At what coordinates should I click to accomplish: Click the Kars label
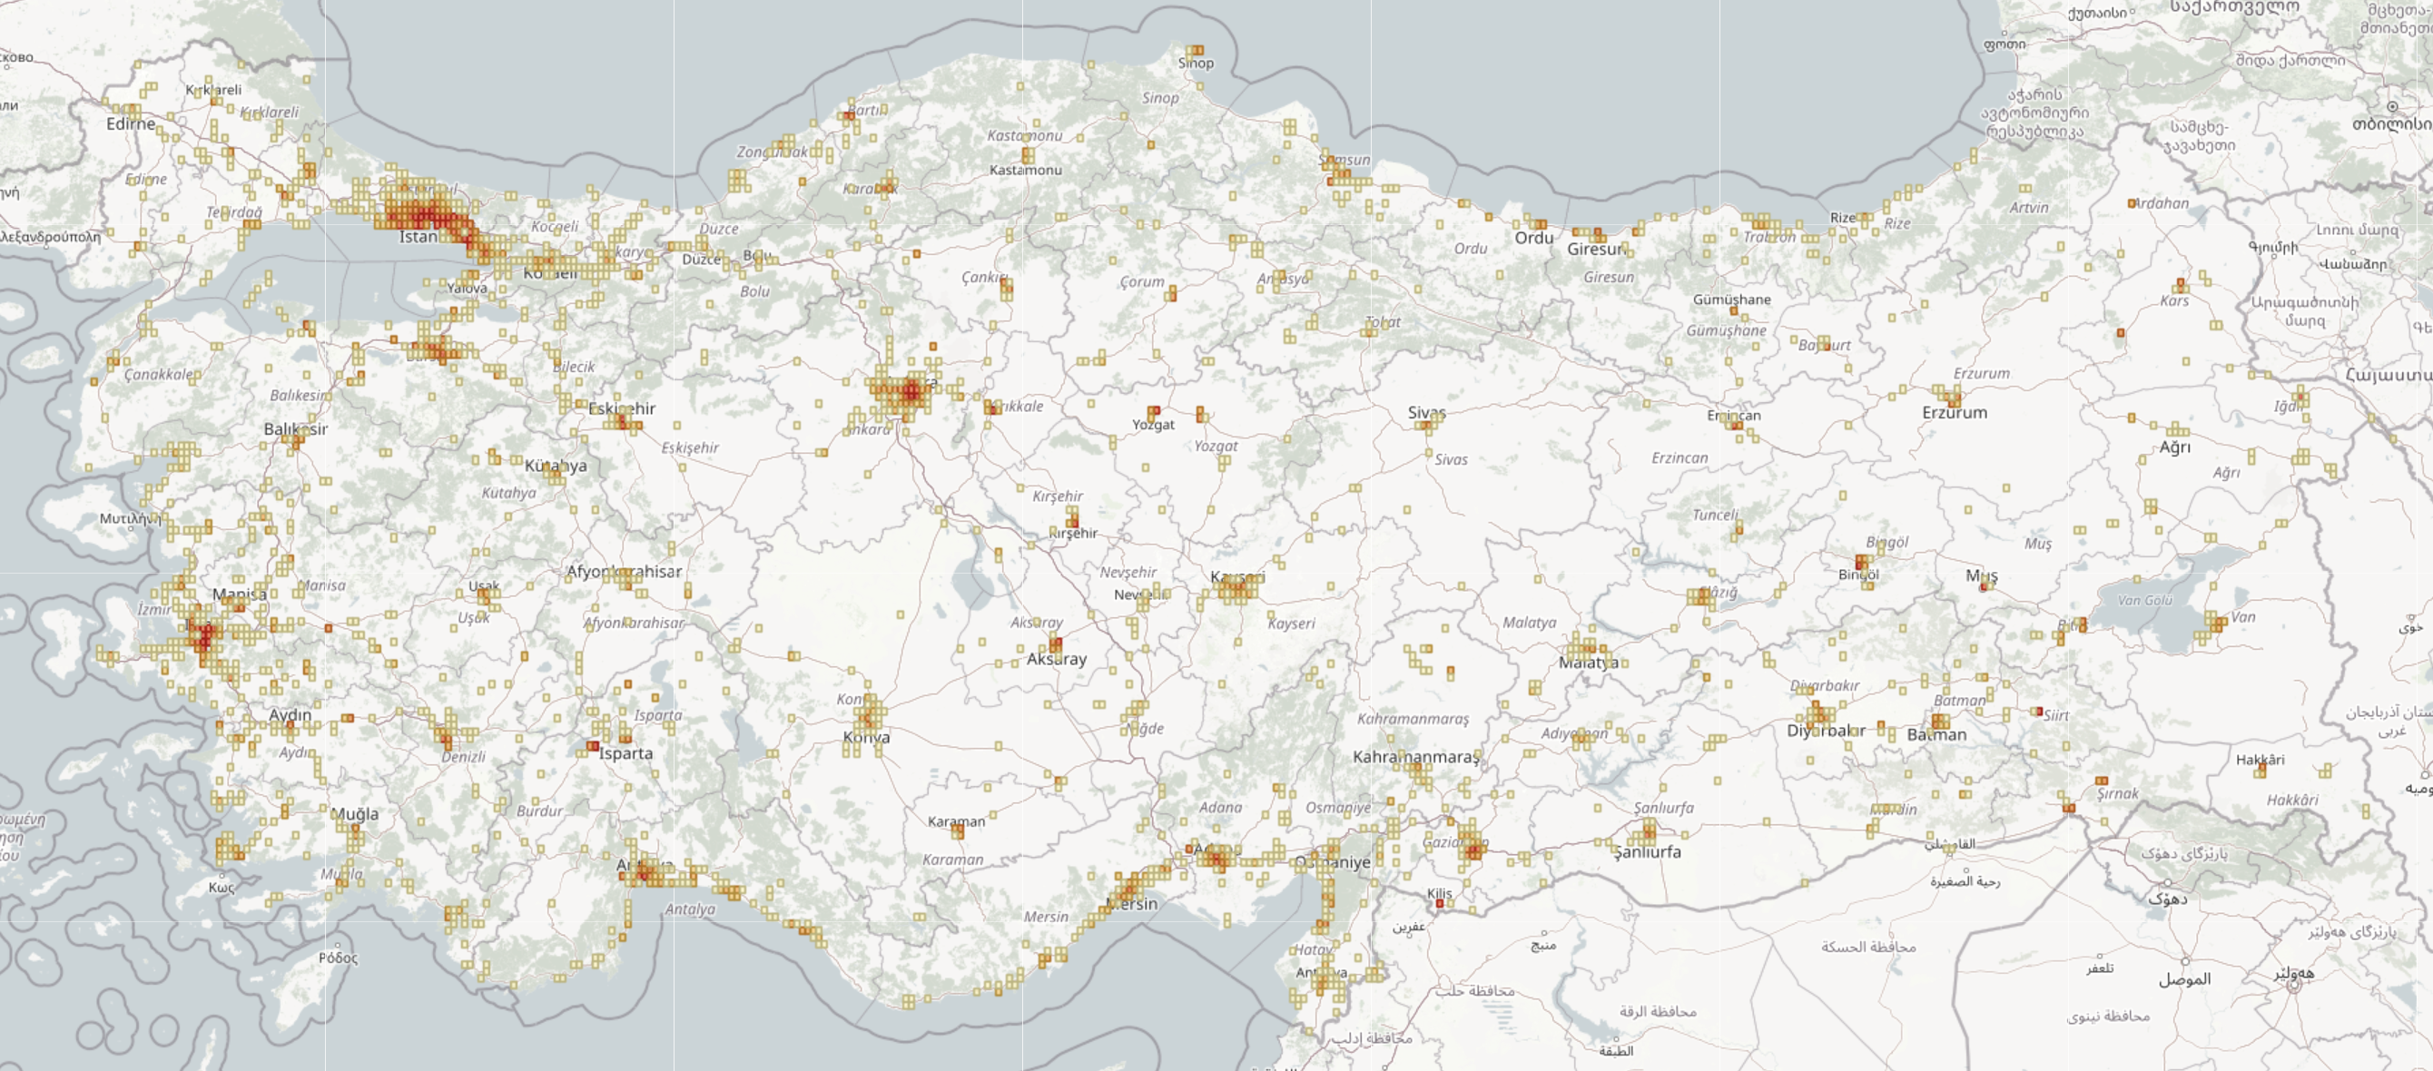tap(2173, 301)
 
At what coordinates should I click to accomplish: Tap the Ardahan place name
tap(2160, 203)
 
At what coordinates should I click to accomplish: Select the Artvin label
tap(2029, 208)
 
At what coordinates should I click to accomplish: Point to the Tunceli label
tap(1715, 515)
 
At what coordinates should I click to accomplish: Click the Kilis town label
tap(1440, 892)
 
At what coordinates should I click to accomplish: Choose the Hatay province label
tap(1313, 949)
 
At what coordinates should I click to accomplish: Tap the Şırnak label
tap(2118, 793)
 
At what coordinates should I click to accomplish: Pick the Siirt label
tap(2056, 716)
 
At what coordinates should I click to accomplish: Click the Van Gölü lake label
tap(2145, 600)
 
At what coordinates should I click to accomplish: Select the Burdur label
tap(539, 811)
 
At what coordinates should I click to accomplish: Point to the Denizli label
tap(463, 756)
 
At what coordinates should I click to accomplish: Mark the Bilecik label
tap(575, 367)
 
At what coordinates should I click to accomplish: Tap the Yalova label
tap(468, 288)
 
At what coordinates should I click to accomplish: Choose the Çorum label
tap(1142, 281)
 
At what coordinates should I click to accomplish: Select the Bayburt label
tap(1824, 345)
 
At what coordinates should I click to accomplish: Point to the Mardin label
tap(1894, 810)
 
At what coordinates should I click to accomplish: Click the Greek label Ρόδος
tap(338, 958)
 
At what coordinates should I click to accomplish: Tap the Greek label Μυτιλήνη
tap(131, 518)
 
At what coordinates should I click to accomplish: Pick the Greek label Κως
tap(221, 887)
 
